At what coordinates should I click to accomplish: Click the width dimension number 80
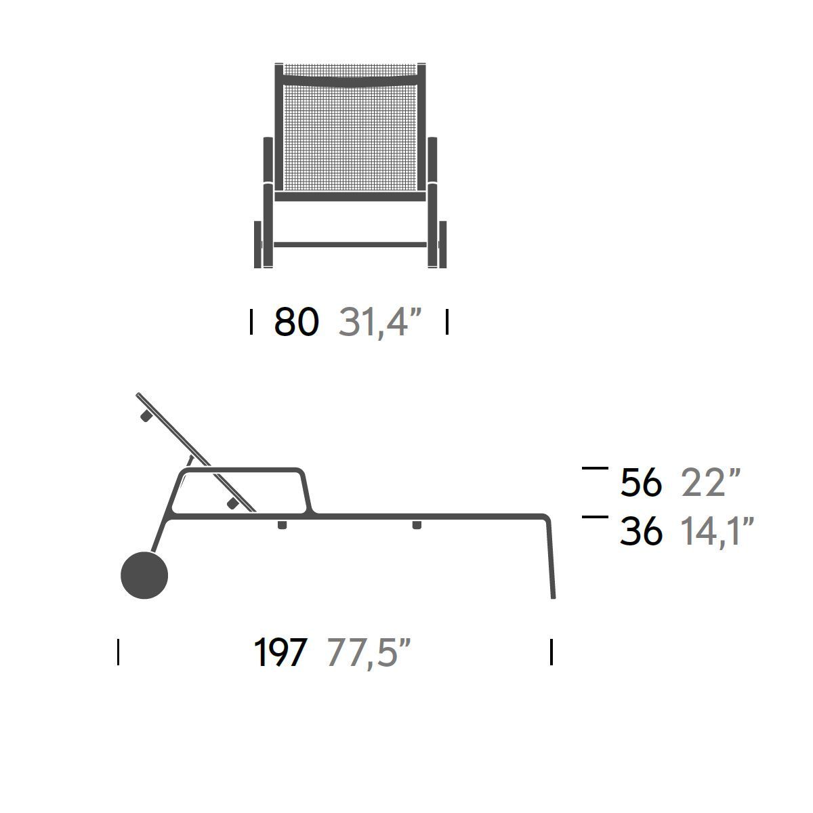coord(297,322)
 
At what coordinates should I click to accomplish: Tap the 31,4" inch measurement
coord(380,323)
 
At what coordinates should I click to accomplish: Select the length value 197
coord(280,652)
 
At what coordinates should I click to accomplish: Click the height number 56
coord(641,482)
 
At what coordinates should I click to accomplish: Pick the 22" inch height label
coord(711,482)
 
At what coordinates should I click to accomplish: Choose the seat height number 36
coord(641,531)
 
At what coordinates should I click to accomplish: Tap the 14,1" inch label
coord(717,532)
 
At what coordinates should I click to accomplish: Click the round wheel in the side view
coord(144,575)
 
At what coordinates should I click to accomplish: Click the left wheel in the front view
coord(257,245)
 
